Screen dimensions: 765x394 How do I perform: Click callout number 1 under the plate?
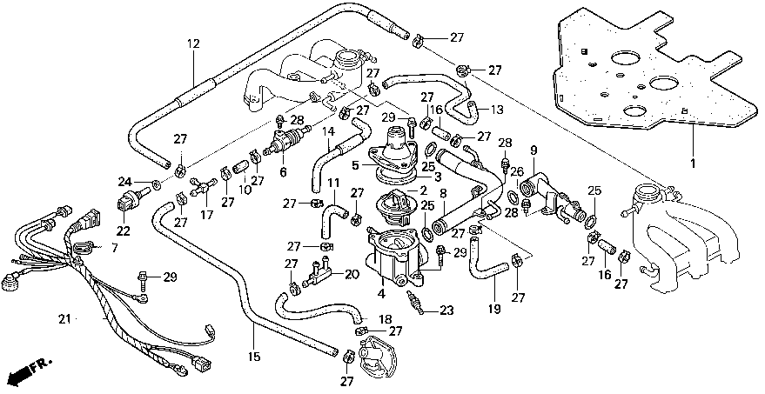pyautogui.click(x=693, y=163)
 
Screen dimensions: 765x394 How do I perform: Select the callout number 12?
pyautogui.click(x=193, y=43)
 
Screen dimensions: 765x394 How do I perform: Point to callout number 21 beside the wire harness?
pyautogui.click(x=64, y=319)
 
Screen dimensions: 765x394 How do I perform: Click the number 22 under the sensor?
pyautogui.click(x=124, y=231)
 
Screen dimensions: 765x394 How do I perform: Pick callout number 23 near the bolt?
pyautogui.click(x=446, y=311)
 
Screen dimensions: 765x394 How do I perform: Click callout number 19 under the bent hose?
pyautogui.click(x=494, y=309)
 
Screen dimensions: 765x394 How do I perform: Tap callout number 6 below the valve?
pyautogui.click(x=284, y=172)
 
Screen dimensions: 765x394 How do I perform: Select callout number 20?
pyautogui.click(x=352, y=275)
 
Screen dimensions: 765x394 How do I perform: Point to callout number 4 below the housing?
pyautogui.click(x=381, y=294)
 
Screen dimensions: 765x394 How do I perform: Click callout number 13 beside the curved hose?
pyautogui.click(x=497, y=110)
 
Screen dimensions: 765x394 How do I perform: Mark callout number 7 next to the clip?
pyautogui.click(x=114, y=248)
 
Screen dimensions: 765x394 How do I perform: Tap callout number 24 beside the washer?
pyautogui.click(x=124, y=183)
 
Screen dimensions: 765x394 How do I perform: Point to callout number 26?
pyautogui.click(x=517, y=171)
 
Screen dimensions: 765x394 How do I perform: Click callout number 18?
pyautogui.click(x=386, y=319)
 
